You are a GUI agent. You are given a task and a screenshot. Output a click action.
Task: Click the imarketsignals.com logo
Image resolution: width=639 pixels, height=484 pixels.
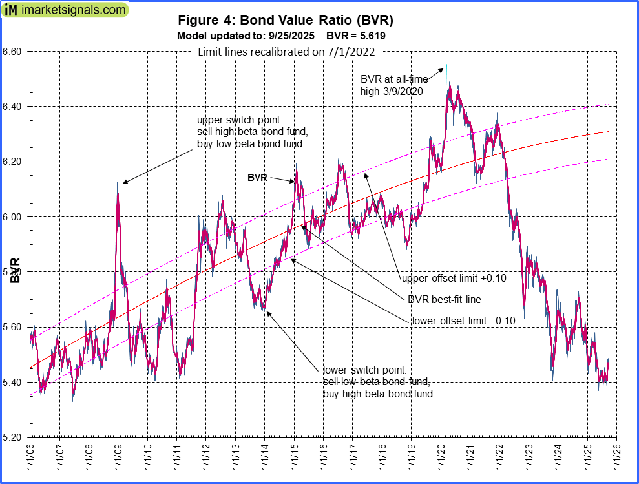pos(65,10)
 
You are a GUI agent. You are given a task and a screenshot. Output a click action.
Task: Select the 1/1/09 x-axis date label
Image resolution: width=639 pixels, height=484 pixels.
pos(118,461)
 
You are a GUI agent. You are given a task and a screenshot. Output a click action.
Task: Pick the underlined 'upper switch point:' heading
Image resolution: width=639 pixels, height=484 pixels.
pos(231,120)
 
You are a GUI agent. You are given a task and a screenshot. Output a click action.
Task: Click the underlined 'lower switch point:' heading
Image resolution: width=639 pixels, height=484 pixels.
pos(364,370)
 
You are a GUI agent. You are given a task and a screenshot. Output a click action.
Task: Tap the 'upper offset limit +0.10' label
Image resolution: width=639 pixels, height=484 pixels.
pos(454,279)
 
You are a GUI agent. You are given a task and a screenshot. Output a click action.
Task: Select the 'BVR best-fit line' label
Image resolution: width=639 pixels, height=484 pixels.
pos(444,300)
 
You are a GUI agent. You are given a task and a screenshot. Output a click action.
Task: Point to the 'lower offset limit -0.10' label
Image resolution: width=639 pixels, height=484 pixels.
pos(463,321)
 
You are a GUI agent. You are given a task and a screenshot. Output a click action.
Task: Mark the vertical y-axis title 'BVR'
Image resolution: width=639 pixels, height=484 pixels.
pos(15,271)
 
